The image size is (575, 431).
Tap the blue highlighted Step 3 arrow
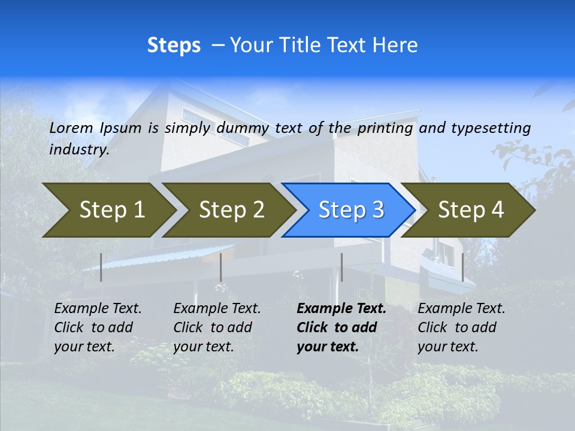pyautogui.click(x=351, y=210)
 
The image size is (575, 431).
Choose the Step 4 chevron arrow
pyautogui.click(x=471, y=210)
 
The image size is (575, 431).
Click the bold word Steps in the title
pyautogui.click(x=174, y=45)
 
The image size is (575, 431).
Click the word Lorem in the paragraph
pyautogui.click(x=71, y=128)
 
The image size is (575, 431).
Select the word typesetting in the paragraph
pyautogui.click(x=491, y=128)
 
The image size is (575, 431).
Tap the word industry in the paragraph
pyautogui.click(x=78, y=150)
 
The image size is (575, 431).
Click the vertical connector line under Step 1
pyautogui.click(x=101, y=267)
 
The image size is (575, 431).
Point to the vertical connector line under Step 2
pyautogui.click(x=221, y=267)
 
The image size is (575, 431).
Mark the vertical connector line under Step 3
pyautogui.click(x=341, y=267)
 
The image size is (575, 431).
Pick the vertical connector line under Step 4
pyautogui.click(x=462, y=267)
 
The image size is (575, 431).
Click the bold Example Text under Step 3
pyautogui.click(x=341, y=309)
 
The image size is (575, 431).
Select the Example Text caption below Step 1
pyautogui.click(x=98, y=309)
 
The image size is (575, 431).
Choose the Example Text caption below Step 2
pyautogui.click(x=217, y=309)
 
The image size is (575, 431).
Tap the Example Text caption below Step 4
pyautogui.click(x=461, y=309)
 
